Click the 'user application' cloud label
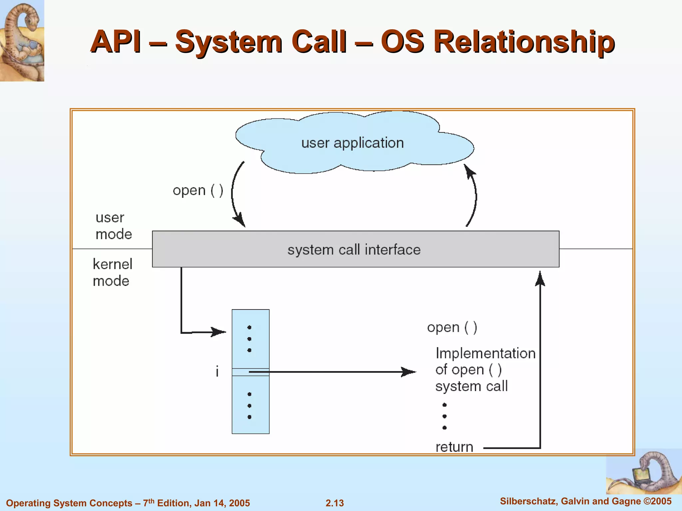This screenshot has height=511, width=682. tap(352, 143)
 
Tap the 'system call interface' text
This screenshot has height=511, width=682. tap(354, 250)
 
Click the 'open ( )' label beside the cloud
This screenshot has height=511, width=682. tap(198, 191)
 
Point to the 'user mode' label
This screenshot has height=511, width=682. tap(113, 226)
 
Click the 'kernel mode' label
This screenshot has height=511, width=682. tap(112, 272)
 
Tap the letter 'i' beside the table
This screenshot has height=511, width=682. tap(217, 371)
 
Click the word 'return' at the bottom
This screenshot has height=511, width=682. tap(454, 447)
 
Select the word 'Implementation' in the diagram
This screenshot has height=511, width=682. tap(485, 353)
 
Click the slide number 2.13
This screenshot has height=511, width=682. tap(335, 503)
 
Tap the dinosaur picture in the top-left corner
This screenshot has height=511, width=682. tap(22, 41)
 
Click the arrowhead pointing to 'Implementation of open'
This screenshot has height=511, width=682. tap(409, 372)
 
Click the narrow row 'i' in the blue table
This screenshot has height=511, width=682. tap(250, 372)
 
